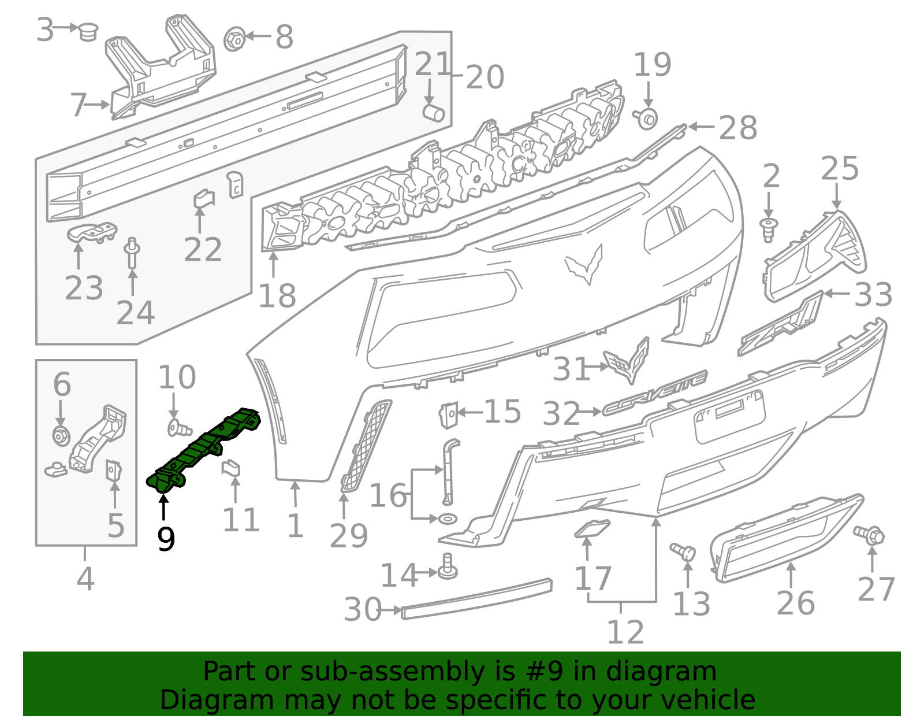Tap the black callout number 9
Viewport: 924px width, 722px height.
166,539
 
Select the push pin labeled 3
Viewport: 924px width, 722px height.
88,31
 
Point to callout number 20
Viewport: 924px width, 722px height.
485,77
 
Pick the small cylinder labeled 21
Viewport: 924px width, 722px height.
433,113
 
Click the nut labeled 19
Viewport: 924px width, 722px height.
647,119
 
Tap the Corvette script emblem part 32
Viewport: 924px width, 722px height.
655,393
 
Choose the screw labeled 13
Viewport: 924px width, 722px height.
682,551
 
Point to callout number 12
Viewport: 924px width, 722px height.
625,632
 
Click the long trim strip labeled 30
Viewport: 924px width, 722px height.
477,598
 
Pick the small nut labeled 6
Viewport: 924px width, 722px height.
61,436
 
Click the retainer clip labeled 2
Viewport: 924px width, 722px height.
768,229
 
